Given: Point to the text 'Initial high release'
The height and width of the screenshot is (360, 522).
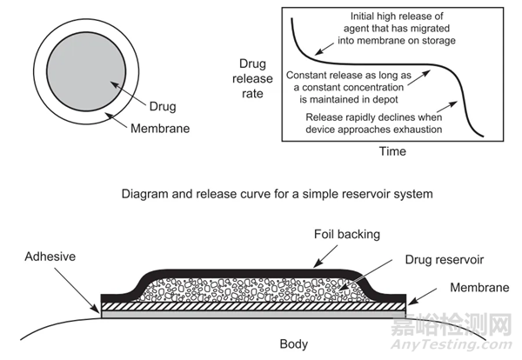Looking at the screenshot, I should click(x=397, y=14).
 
